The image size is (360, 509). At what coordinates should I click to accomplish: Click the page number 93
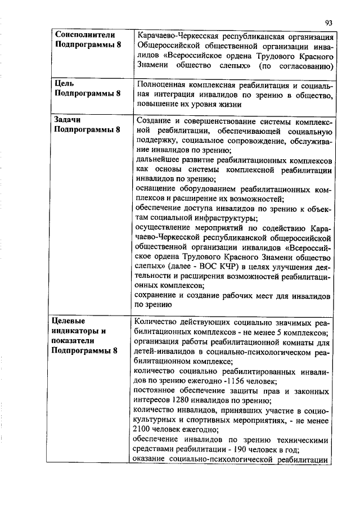[329, 23]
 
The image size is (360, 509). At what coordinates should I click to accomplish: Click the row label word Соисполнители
[82, 35]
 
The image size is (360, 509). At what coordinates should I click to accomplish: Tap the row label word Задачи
[67, 120]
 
